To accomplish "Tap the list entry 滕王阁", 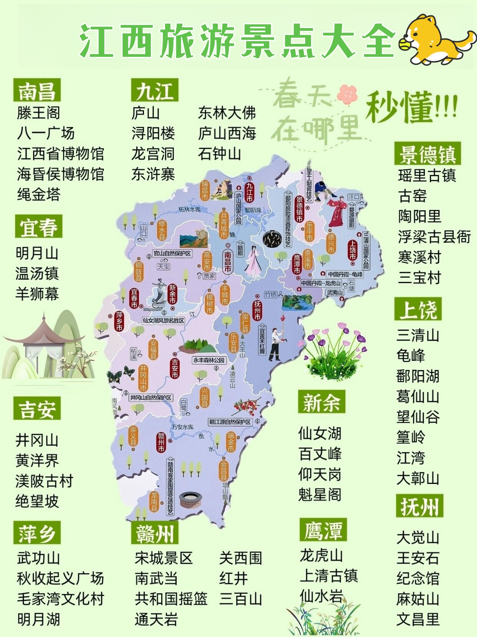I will (38, 113).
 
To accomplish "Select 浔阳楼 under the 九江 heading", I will (153, 133).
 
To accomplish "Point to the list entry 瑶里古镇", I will (427, 175).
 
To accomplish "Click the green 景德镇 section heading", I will (427, 154).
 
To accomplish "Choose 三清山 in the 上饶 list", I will (417, 335).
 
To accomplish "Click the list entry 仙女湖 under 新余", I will (320, 434).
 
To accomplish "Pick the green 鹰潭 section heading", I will (323, 530).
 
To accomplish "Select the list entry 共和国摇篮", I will (171, 599).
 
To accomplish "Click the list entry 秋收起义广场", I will (60, 578).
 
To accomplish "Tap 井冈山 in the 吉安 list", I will (37, 440).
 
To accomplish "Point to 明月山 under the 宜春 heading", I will (37, 253).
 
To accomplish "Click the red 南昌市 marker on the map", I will (228, 262).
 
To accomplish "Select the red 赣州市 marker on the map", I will (161, 442).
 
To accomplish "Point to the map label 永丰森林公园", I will (209, 360).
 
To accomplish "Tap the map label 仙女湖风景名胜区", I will (163, 320).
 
